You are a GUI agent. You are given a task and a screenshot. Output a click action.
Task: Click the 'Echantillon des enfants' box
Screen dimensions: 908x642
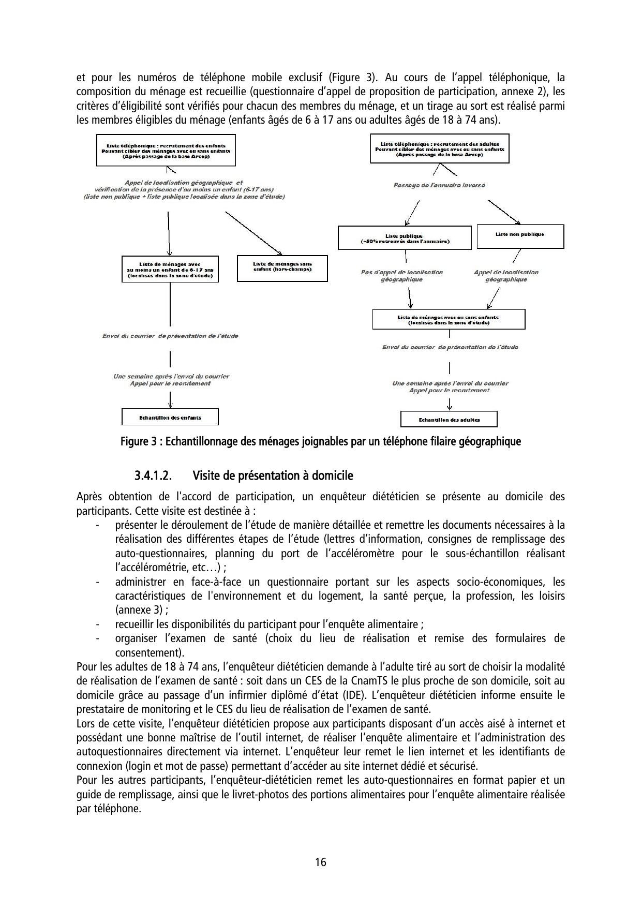[170, 417]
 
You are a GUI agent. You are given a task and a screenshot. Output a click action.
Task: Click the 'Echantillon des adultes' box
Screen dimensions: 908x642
[449, 420]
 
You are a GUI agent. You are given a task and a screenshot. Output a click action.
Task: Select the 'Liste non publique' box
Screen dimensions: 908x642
[519, 235]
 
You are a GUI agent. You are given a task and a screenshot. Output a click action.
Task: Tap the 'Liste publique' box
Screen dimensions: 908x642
[404, 238]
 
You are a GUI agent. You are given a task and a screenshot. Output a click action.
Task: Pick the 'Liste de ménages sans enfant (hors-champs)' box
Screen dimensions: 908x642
[282, 268]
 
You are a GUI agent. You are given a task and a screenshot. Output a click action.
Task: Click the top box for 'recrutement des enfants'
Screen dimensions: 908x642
[166, 151]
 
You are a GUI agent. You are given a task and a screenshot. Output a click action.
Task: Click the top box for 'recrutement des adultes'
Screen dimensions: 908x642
[439, 148]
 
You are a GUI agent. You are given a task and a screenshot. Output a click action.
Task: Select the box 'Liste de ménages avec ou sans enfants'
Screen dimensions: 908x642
[448, 319]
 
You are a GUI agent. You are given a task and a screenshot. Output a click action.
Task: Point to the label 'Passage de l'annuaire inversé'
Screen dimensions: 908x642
[439, 185]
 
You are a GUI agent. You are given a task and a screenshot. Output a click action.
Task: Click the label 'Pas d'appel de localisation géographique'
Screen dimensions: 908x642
[401, 276]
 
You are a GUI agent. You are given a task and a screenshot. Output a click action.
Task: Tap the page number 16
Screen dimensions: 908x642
[321, 862]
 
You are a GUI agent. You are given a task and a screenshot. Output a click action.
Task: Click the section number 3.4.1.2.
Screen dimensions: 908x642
[153, 475]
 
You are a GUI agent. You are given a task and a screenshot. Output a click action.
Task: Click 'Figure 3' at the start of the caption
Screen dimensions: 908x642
[138, 442]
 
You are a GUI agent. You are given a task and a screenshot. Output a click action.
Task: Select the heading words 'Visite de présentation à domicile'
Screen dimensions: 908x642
[272, 475]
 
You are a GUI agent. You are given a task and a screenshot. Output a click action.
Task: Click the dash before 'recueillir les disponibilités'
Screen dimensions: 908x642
[97, 624]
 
